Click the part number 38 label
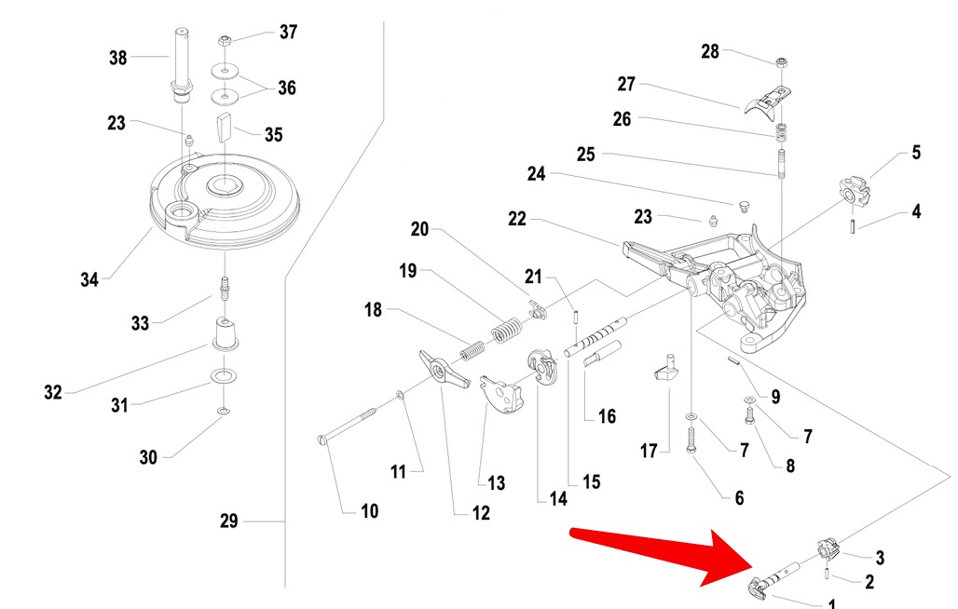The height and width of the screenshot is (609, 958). coord(117,58)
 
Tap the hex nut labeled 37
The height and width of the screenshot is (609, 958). coord(225,41)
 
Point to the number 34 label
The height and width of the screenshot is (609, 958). coord(89,278)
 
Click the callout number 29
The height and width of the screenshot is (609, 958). coord(229,521)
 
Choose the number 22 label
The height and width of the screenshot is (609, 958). coord(517,220)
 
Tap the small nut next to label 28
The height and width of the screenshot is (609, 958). coord(781,63)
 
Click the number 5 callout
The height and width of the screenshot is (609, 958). coord(916,153)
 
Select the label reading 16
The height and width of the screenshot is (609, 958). coord(607,416)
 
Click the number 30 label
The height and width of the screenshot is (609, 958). coord(148,457)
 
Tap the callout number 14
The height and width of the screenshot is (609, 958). coord(557,498)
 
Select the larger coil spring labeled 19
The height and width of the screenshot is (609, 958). coord(505,330)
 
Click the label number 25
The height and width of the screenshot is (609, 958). coord(585,155)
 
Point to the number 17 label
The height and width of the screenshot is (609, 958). coord(649,452)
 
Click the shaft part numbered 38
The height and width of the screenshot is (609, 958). coord(180,65)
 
